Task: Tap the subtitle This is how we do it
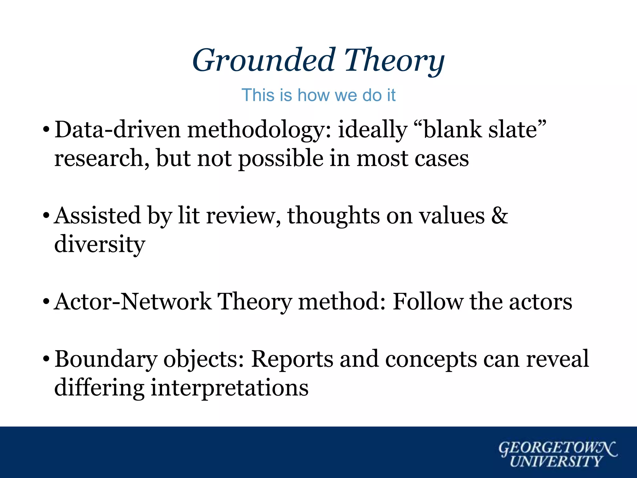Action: click(x=318, y=95)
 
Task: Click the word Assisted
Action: click(x=97, y=215)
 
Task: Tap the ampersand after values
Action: click(x=500, y=215)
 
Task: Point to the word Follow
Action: click(x=428, y=302)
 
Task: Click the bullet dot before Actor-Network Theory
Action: click(x=46, y=302)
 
